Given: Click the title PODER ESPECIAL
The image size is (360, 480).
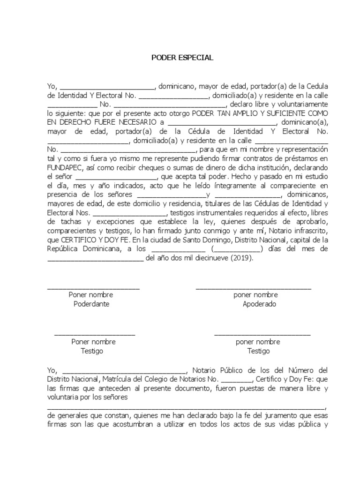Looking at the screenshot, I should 182,58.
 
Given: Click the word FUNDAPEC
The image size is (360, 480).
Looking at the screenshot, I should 64,168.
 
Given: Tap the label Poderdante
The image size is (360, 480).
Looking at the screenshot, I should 91,304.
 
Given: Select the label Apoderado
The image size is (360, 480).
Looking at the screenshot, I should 259,304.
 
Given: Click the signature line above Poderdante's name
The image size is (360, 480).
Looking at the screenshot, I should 93,288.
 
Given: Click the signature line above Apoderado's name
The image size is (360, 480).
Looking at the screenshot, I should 253,288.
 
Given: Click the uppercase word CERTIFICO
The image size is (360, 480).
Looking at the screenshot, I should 81,240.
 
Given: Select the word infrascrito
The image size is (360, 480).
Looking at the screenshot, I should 307,231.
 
